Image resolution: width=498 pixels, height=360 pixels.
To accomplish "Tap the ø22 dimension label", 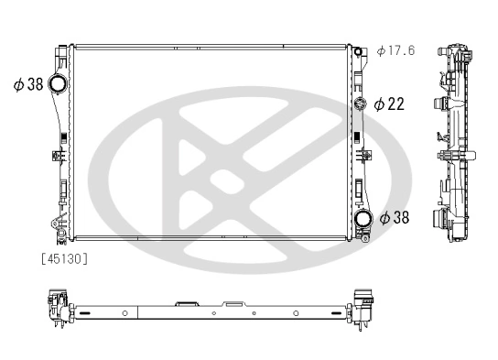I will pyautogui.click(x=389, y=104).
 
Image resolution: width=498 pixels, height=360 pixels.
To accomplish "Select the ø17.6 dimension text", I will pyautogui.click(x=395, y=50).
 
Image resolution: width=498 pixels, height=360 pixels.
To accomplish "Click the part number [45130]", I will pyautogui.click(x=63, y=258).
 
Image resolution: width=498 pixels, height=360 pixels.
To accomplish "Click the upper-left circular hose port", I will pyautogui.click(x=59, y=85).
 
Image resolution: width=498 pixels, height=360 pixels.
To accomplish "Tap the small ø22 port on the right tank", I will pyautogui.click(x=361, y=104).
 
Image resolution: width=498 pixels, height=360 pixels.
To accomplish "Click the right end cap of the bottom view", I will pyautogui.click(x=368, y=304).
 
